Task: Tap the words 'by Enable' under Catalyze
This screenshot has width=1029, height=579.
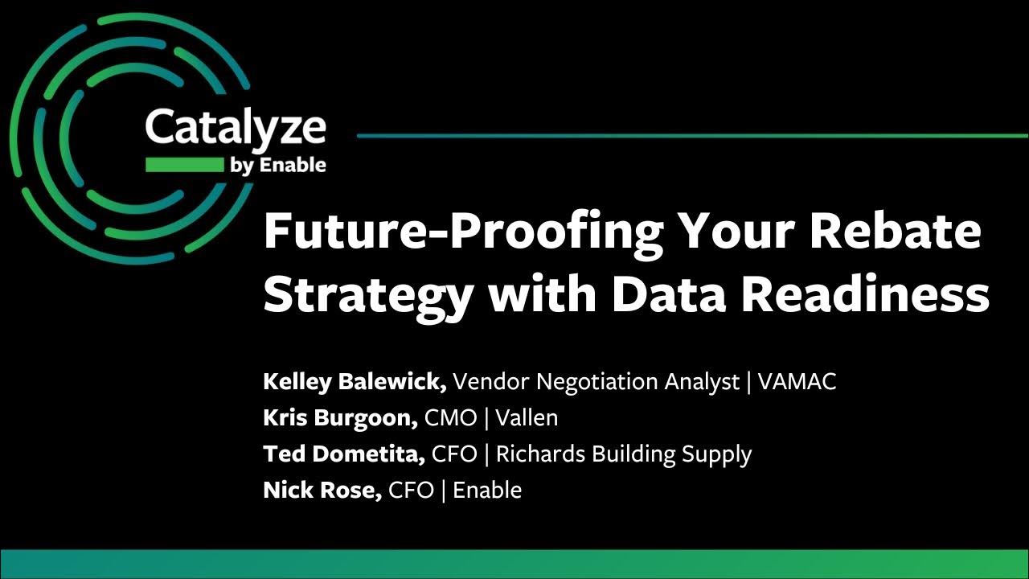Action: pos(278,166)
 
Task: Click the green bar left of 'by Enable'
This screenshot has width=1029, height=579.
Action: pos(184,166)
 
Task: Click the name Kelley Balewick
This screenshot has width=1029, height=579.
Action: pos(355,381)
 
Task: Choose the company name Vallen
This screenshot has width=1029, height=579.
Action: pos(527,418)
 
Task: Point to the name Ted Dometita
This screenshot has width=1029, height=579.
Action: pos(344,454)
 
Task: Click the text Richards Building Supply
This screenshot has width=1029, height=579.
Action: pos(623,454)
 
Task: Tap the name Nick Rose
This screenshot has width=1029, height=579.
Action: pos(322,490)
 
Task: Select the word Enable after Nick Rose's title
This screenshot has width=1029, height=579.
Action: pos(487,490)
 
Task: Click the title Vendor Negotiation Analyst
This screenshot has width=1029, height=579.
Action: pos(596,381)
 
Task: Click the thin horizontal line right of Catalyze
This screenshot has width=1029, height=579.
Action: pos(691,136)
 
